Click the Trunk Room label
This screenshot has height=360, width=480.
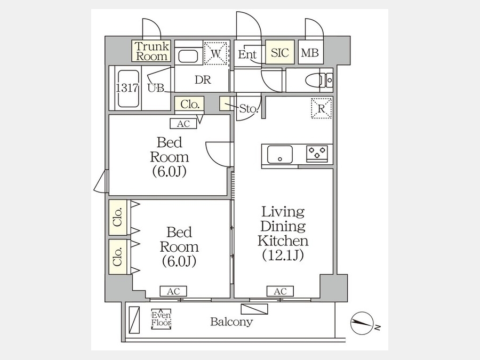(x=152, y=51)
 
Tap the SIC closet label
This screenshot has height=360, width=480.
(x=280, y=52)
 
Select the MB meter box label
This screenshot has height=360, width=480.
(x=310, y=53)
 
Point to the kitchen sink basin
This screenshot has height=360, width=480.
(x=280, y=155)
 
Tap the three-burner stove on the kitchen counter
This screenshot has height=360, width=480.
(x=317, y=154)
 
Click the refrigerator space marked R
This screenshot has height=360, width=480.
(x=322, y=108)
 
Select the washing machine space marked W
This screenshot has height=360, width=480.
(x=216, y=53)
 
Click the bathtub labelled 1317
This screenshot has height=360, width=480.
(x=128, y=89)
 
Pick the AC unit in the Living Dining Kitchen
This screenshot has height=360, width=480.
(x=280, y=291)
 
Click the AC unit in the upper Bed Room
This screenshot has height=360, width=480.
(x=183, y=124)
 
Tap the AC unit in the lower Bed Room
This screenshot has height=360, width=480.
(x=173, y=291)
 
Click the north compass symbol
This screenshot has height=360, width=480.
(x=362, y=324)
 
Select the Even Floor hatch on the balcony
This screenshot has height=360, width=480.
(x=161, y=319)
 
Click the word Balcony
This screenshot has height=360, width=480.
(x=231, y=322)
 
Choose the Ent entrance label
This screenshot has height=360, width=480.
(x=247, y=54)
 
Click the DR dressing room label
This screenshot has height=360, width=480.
(x=203, y=79)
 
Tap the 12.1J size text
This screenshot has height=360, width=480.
(x=283, y=255)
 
